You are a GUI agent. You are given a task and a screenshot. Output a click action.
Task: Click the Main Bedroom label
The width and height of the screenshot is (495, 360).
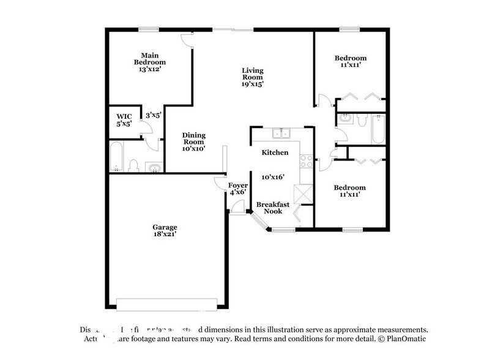pos(150,58)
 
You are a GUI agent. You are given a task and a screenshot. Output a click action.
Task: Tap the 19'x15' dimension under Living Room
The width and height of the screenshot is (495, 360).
pos(251,84)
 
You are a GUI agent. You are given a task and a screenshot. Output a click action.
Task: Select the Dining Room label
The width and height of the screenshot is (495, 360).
pos(194,139)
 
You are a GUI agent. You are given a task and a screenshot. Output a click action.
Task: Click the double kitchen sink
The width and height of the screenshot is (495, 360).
pos(282,133)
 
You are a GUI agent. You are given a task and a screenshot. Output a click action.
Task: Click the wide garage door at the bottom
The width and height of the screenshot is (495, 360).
pos(166,304)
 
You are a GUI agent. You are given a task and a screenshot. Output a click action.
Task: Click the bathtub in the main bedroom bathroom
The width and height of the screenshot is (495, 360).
pos(116,158)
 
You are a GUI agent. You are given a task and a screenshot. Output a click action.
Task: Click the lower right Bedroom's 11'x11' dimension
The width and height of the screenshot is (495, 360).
pos(350,195)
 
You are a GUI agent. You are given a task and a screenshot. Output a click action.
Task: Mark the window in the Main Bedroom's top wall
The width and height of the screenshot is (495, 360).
pos(147,28)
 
